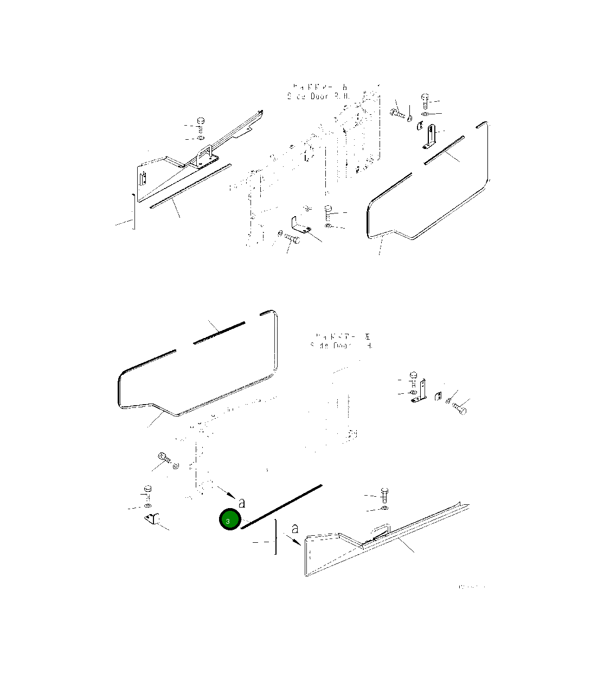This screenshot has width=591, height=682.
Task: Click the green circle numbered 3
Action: click(x=229, y=520)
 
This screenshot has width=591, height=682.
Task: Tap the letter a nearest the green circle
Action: click(x=241, y=503)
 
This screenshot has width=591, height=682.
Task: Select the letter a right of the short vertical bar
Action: click(x=294, y=529)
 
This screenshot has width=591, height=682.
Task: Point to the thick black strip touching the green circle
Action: click(x=282, y=508)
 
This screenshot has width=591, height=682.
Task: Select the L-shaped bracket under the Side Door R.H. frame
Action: click(x=299, y=224)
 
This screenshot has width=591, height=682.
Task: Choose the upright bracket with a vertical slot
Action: click(x=431, y=136)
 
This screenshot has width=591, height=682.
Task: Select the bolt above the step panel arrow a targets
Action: click(x=384, y=494)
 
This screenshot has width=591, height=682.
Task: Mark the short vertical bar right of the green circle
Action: click(x=277, y=537)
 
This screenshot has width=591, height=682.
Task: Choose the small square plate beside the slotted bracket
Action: click(x=419, y=127)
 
